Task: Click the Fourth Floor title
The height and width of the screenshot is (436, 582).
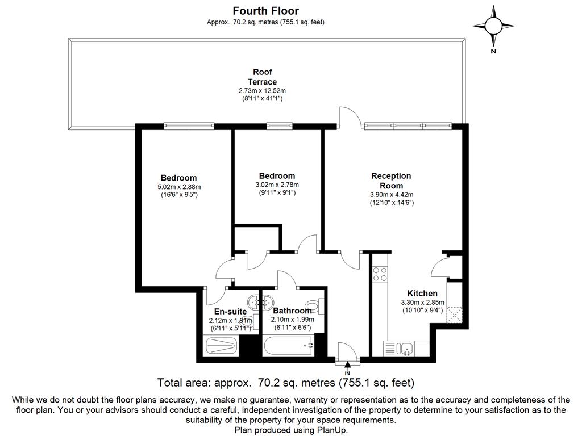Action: [x=265, y=11]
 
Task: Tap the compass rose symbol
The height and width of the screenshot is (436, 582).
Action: [x=493, y=26]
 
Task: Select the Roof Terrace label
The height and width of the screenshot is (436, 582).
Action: [x=262, y=77]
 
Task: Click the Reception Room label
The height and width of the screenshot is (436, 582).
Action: [x=391, y=181]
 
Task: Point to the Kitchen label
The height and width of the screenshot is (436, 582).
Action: [x=422, y=294]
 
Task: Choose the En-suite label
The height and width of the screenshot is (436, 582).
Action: [x=230, y=311]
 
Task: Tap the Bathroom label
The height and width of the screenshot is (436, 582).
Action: [x=292, y=311]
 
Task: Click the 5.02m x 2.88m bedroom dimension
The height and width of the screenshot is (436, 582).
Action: [x=178, y=187]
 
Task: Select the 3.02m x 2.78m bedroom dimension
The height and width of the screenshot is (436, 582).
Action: [x=277, y=185]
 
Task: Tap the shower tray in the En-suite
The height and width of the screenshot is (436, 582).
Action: [x=222, y=345]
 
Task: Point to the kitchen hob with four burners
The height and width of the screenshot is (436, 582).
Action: [x=380, y=274]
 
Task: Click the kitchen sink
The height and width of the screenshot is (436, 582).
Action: [x=406, y=347]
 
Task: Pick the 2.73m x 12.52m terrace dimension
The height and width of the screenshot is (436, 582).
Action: [x=262, y=91]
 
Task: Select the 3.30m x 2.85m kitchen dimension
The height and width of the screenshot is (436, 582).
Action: [x=422, y=303]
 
